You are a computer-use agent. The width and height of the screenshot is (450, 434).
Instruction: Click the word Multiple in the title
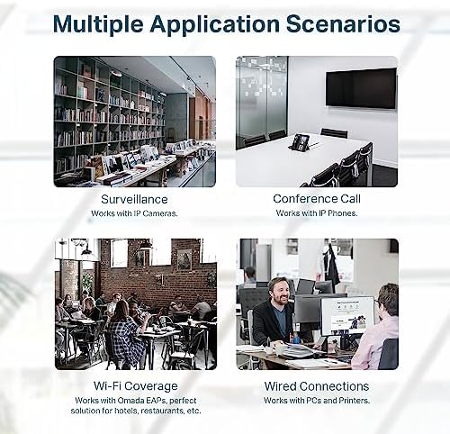[x=98, y=23]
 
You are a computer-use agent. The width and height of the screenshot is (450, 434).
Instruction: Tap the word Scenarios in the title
[x=343, y=23]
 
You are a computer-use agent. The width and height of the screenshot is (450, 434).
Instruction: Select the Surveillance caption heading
[x=134, y=199]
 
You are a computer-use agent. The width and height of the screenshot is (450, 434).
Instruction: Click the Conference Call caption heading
[x=317, y=199]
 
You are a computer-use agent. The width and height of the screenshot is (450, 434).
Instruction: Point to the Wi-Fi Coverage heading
[x=136, y=386]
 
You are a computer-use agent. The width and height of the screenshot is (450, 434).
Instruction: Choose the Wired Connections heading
[x=317, y=386]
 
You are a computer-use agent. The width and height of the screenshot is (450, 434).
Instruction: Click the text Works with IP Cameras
[x=134, y=213]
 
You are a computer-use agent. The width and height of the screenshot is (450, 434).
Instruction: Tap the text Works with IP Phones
[x=317, y=213]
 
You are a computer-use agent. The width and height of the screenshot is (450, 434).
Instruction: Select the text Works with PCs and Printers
[x=317, y=401]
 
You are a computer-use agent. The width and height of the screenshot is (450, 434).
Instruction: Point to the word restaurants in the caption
[x=162, y=411]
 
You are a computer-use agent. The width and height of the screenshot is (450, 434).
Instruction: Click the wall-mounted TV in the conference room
[x=361, y=88]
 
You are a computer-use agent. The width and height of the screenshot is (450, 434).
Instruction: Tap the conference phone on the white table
[x=301, y=141]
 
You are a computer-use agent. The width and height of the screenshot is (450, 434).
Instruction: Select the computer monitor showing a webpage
[x=347, y=316]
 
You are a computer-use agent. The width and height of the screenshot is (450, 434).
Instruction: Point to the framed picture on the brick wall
[x=184, y=259]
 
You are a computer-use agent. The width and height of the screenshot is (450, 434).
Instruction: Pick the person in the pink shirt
[x=376, y=326]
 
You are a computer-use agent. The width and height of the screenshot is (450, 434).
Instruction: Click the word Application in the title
[x=215, y=23]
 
